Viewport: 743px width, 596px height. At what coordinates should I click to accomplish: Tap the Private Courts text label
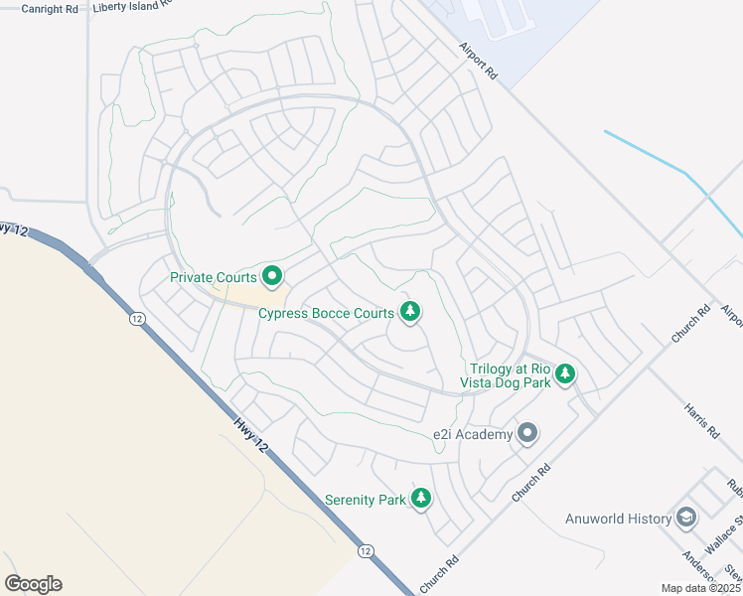pyautogui.click(x=214, y=277)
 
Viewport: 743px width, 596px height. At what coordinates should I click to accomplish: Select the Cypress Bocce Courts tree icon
pyautogui.click(x=409, y=313)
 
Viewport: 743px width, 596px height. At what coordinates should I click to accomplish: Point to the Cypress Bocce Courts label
pyautogui.click(x=326, y=313)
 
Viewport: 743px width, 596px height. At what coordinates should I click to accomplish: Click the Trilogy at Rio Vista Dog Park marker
pyautogui.click(x=565, y=373)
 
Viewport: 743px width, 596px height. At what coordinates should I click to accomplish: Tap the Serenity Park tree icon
pyautogui.click(x=421, y=498)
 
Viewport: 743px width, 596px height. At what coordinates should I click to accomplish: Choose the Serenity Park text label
pyautogui.click(x=366, y=500)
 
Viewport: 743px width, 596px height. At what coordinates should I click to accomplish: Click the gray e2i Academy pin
pyautogui.click(x=527, y=433)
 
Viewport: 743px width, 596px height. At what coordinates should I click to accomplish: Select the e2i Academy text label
pyautogui.click(x=472, y=434)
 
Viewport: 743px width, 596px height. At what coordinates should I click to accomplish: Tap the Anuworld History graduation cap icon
pyautogui.click(x=685, y=518)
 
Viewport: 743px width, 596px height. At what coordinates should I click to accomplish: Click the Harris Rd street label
pyautogui.click(x=700, y=420)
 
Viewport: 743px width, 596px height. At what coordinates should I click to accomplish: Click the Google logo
pyautogui.click(x=33, y=584)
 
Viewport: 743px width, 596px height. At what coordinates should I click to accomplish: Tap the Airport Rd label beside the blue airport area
pyautogui.click(x=479, y=62)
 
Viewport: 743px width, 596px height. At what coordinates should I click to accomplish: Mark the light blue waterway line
pyautogui.click(x=685, y=176)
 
